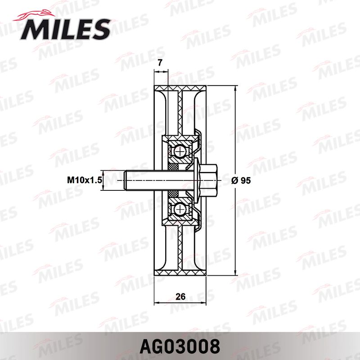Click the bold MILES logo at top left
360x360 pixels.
(x=65, y=29)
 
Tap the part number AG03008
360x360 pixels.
(x=180, y=346)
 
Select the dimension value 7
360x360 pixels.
(x=160, y=63)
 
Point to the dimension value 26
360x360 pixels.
(x=180, y=297)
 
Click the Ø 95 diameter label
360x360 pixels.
(x=241, y=181)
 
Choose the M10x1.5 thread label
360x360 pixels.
(x=85, y=180)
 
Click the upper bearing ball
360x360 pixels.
(x=180, y=152)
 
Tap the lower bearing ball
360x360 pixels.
(x=180, y=209)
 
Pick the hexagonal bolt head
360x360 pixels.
(x=208, y=180)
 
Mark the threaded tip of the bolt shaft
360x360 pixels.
(x=126, y=180)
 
